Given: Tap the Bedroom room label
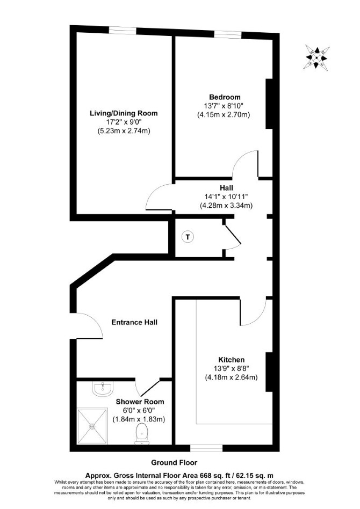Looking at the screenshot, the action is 225,97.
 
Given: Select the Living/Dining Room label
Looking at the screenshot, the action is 124,113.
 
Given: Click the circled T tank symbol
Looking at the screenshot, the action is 187,237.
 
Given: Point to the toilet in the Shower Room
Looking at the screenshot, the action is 142,434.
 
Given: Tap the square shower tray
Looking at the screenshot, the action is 92,426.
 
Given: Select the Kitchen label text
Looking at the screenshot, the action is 231,360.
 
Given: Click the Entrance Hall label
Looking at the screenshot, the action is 134,322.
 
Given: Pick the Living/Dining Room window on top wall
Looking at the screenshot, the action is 122,31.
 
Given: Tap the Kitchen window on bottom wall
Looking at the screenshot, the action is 206,448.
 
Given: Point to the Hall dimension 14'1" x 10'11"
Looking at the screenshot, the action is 226,197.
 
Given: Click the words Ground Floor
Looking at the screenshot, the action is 174,463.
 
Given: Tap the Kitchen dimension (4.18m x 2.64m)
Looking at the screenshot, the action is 231,377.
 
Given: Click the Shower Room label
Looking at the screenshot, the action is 140,402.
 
